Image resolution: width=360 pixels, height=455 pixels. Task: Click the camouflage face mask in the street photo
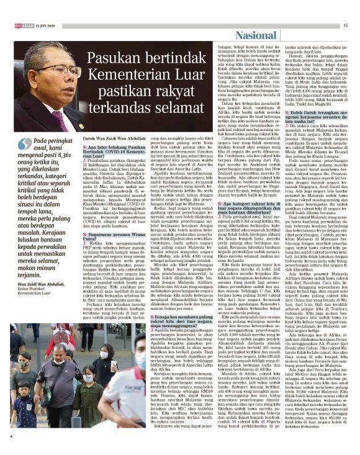[x=37, y=364]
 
